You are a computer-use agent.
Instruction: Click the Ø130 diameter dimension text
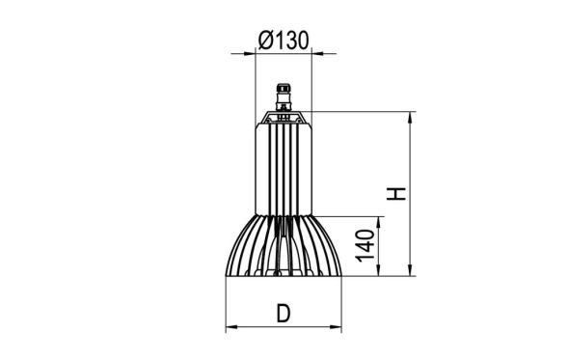pyautogui.click(x=283, y=40)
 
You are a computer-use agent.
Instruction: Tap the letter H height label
pyautogui.click(x=397, y=193)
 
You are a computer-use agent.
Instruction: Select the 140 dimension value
pyautogui.click(x=365, y=246)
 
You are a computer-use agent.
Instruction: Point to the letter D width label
pyautogui.click(x=283, y=314)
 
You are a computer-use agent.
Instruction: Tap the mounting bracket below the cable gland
pyautogui.click(x=284, y=119)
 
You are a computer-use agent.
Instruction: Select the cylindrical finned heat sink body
pyautogui.click(x=284, y=169)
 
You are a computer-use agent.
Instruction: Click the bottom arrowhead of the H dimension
pyautogui.click(x=412, y=272)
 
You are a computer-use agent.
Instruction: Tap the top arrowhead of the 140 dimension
pyautogui.click(x=380, y=220)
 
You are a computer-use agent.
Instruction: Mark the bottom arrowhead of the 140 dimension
pyautogui.click(x=380, y=272)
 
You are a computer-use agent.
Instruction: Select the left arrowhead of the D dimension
pyautogui.click(x=230, y=328)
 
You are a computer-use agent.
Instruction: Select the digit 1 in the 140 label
pyautogui.click(x=365, y=259)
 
